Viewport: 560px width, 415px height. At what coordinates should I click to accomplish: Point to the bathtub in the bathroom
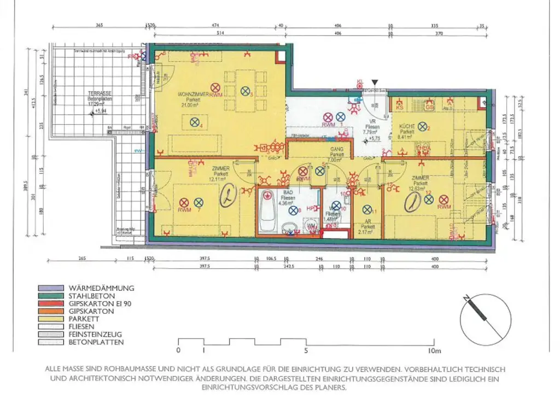266,211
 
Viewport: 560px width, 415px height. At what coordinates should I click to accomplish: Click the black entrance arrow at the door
374,81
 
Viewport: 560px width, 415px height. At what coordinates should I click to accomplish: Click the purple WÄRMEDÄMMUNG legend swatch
52,288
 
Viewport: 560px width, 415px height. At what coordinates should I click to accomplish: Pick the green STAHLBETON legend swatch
52,296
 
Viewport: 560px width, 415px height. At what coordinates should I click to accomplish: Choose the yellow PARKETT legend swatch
52,319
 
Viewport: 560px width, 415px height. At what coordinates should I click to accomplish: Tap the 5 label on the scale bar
306,350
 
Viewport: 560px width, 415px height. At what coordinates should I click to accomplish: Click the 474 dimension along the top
215,25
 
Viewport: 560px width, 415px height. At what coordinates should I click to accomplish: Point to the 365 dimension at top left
98,25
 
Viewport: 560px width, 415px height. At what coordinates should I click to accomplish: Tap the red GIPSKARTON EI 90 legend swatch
52,303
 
